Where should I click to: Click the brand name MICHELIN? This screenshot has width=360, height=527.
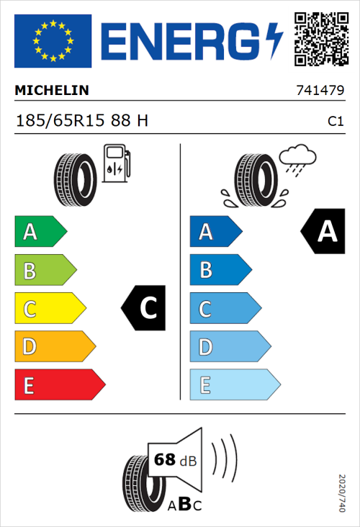point(52,91)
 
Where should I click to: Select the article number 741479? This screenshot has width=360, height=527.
point(319,91)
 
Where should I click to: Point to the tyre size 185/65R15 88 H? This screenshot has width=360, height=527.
point(82,121)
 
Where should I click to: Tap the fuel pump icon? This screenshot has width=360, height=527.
point(117,163)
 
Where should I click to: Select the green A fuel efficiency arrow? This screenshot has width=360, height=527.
point(40,232)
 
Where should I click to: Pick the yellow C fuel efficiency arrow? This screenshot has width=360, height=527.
point(50,308)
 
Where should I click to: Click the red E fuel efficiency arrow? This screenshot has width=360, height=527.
point(59,384)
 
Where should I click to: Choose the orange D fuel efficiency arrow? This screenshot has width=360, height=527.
point(55,346)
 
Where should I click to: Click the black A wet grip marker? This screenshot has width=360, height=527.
point(323,232)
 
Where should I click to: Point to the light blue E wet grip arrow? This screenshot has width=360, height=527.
point(234,384)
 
